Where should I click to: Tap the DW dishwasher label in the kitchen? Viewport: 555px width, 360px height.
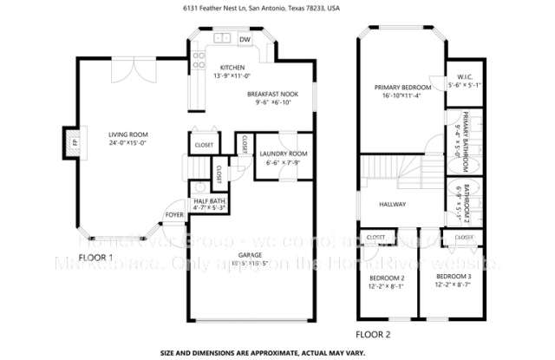pyautogui.click(x=245, y=40)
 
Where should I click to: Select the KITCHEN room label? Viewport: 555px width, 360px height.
pyautogui.click(x=232, y=68)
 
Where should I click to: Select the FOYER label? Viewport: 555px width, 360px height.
pyautogui.click(x=175, y=215)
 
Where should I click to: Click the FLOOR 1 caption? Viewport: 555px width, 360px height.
pyautogui.click(x=95, y=258)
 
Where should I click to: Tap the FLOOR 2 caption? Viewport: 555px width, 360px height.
pyautogui.click(x=374, y=333)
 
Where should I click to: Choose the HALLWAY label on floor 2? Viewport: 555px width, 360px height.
pyautogui.click(x=393, y=205)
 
